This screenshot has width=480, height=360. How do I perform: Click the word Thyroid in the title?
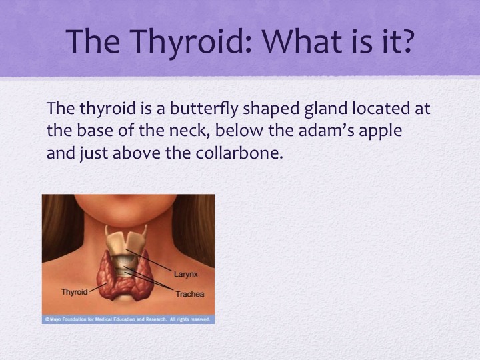coord(191,42)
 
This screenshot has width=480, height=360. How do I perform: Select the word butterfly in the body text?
coord(203,109)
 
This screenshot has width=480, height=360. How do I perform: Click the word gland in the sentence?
coord(326,109)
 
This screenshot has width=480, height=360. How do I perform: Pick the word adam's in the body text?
coord(326,131)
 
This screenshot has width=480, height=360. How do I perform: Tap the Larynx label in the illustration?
coord(186,274)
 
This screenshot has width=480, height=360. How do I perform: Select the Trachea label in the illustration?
coord(190,294)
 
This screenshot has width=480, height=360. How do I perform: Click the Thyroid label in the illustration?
coord(75,292)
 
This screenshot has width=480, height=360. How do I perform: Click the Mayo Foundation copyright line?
coord(127,319)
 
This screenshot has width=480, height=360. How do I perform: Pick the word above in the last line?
coord(137,153)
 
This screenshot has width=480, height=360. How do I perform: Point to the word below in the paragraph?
coord(239,131)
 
